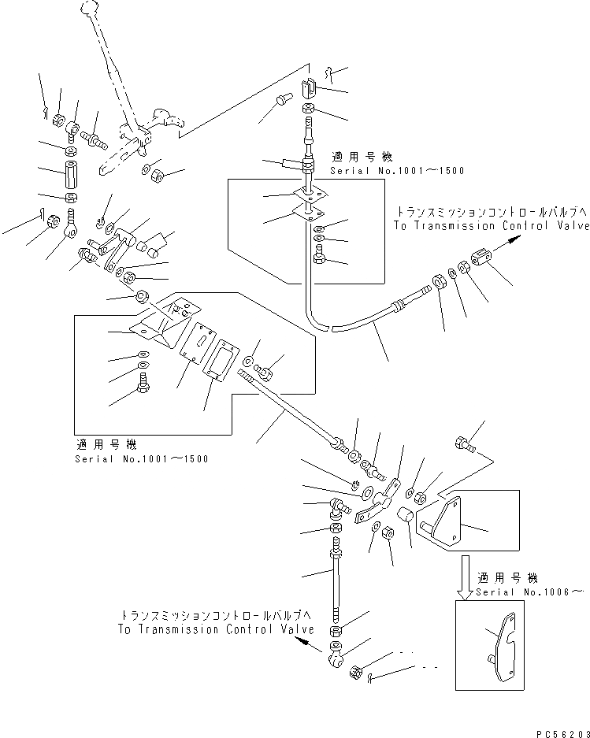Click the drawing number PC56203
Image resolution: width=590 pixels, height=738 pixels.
click(x=562, y=731)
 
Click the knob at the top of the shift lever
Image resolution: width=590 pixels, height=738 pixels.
click(x=87, y=10)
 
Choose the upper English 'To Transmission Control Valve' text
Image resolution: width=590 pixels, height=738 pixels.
click(x=490, y=225)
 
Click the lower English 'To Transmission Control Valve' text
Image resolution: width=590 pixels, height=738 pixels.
click(x=216, y=629)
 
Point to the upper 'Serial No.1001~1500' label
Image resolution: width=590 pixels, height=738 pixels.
click(x=397, y=170)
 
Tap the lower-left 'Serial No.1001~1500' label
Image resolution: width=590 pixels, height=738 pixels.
click(x=142, y=459)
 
